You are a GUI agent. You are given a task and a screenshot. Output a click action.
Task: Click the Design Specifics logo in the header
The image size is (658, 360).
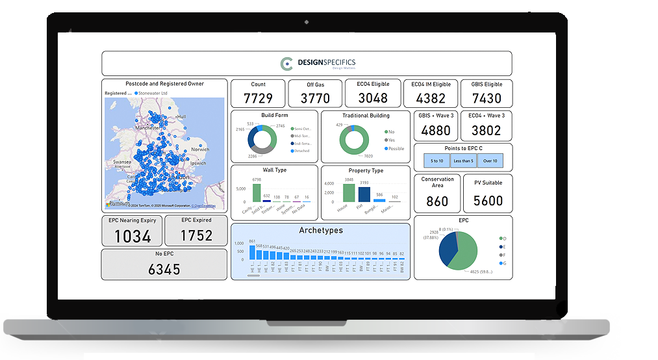tap(318, 63)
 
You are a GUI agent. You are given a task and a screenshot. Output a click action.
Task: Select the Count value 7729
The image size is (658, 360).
tap(258, 98)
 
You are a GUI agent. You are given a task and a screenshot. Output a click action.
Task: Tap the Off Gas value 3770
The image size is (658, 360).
tap(315, 98)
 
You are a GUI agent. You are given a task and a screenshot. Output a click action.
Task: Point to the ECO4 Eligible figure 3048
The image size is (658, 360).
tap(373, 98)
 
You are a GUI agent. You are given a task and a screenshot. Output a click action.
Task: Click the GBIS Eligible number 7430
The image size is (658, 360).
tap(487, 98)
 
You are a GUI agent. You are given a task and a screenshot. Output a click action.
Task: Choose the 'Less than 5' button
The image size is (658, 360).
tap(463, 161)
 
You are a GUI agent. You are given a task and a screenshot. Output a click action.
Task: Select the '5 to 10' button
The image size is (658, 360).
tap(436, 161)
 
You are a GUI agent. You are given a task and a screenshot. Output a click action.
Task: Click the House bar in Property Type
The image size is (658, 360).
tap(349, 193)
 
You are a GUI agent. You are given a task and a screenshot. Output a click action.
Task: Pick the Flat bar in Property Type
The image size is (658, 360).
tap(364, 194)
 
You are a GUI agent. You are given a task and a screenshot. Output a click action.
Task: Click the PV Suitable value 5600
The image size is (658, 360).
tap(488, 201)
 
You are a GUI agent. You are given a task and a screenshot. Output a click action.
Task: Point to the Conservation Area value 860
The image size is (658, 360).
tap(437, 201)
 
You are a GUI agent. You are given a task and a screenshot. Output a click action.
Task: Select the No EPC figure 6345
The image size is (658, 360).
tap(164, 269)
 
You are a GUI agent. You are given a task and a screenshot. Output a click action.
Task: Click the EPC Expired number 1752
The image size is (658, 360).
tap(196, 235)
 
